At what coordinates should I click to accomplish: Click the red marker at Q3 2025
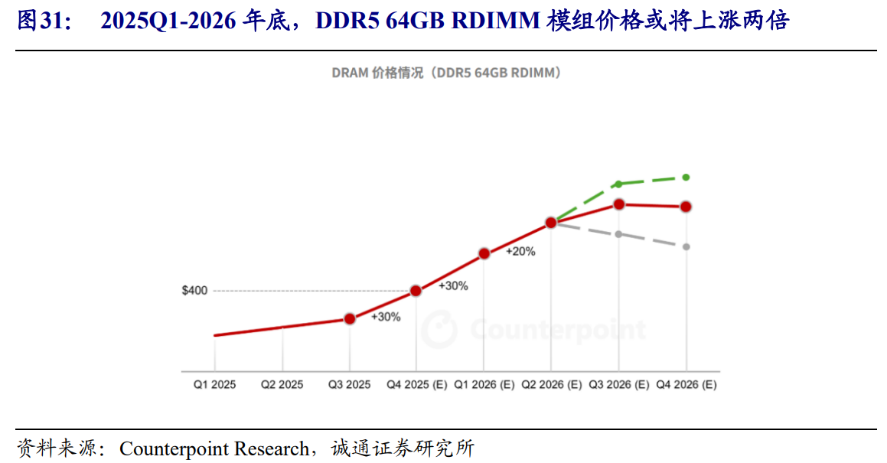tap(350, 318)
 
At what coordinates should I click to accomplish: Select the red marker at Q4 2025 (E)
tap(416, 291)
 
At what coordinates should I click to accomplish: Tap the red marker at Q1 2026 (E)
tap(484, 253)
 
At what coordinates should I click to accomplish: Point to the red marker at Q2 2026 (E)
tap(550, 223)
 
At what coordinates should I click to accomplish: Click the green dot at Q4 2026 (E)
tap(686, 177)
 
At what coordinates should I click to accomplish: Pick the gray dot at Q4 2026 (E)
tap(686, 246)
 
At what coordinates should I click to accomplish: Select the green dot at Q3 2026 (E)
tap(618, 184)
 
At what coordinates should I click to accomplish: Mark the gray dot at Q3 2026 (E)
tap(618, 233)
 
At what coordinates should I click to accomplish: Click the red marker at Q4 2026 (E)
tap(686, 207)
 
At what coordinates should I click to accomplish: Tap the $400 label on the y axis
tap(194, 291)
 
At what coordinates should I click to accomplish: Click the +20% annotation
tap(520, 251)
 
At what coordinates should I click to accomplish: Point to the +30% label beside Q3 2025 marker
tap(386, 317)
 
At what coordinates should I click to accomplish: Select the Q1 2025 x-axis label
tap(214, 385)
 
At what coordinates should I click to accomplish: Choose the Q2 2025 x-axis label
tap(282, 385)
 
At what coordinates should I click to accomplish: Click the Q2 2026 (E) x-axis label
tap(551, 385)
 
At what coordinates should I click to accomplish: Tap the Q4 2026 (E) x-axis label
tap(686, 385)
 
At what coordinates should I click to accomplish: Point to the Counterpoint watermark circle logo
tap(439, 330)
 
